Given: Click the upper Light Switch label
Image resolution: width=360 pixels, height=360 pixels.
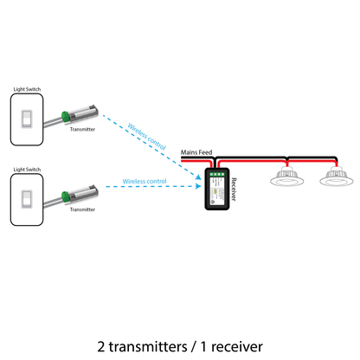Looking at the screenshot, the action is point(27,89).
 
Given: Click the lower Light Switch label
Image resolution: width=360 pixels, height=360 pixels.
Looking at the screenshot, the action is point(27,170).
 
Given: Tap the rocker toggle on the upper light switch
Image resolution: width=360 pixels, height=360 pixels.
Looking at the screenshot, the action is point(27,119).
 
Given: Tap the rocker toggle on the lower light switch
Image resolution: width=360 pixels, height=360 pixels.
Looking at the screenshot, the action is point(27,199).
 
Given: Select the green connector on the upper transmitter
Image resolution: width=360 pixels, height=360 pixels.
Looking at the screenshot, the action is point(66,116).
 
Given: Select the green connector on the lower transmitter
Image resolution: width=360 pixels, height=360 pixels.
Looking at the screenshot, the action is point(66,196).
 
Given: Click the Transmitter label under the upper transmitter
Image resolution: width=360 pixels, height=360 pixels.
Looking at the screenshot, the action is point(82,129).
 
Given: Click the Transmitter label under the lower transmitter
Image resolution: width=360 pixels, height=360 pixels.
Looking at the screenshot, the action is point(82,209).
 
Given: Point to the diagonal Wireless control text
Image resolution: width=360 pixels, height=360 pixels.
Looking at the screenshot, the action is point(147,137).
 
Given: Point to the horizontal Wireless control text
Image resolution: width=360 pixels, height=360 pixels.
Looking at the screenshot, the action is point(145,182).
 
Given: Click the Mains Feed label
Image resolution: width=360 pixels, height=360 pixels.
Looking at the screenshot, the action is point(196,152).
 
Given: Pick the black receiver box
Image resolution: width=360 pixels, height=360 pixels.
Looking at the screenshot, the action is point(217,189).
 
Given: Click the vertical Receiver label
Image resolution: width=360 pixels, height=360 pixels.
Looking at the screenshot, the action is point(234,190).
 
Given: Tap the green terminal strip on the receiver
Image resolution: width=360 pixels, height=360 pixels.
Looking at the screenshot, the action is point(217,174).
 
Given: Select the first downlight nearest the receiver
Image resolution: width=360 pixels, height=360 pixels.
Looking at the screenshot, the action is point(287,177).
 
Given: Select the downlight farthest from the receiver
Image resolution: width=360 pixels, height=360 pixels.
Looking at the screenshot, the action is point(337,177).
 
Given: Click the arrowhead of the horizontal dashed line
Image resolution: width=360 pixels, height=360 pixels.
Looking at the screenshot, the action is point(198,186).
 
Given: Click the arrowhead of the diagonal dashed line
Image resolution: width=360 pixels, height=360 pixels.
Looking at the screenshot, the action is point(198,177).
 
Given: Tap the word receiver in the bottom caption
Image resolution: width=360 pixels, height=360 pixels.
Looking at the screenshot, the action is point(237,347).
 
